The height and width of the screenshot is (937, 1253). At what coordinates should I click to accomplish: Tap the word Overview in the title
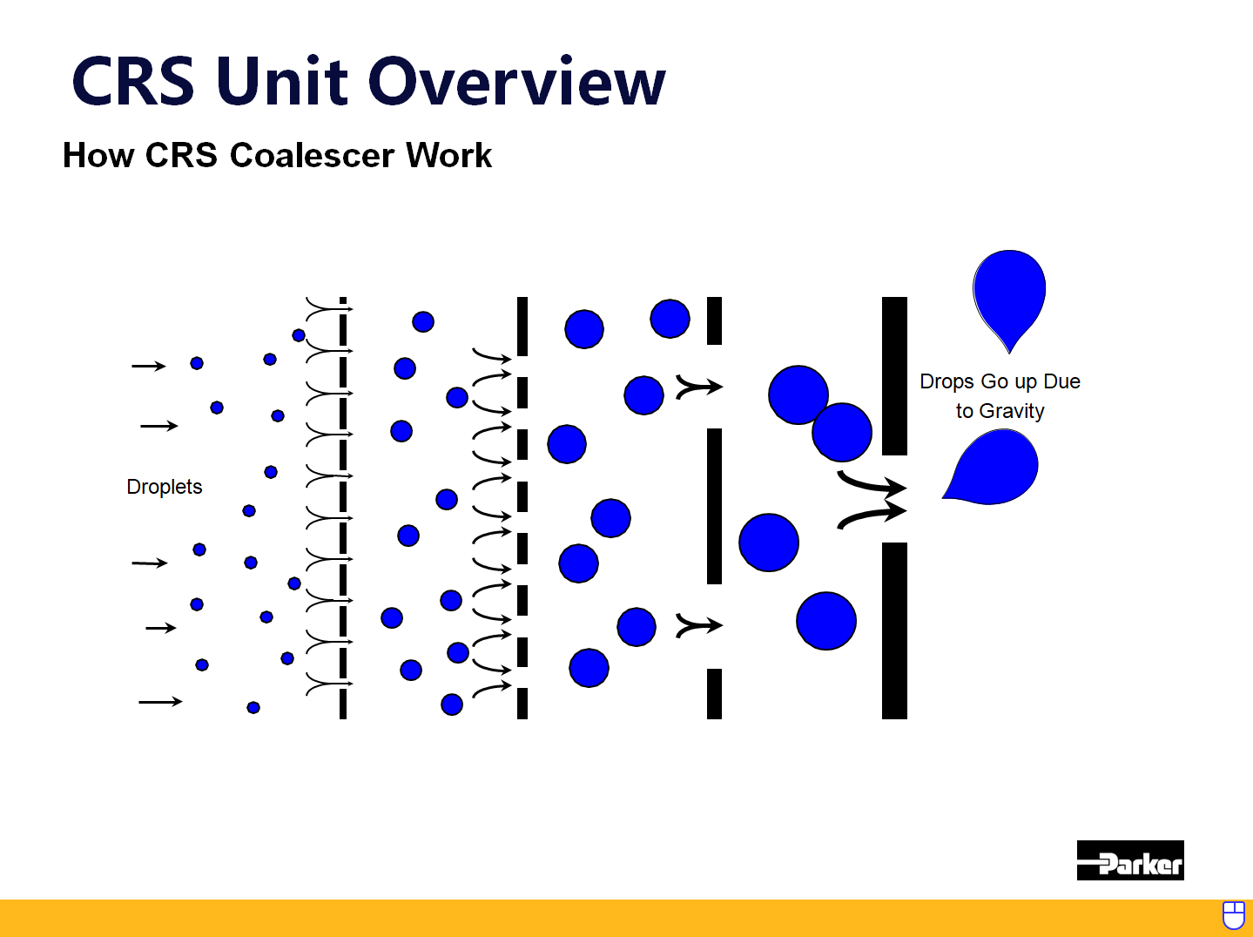pyautogui.click(x=517, y=82)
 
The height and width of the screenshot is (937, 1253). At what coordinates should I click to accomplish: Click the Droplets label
pyautogui.click(x=164, y=487)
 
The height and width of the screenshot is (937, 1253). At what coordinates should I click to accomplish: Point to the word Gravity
pyautogui.click(x=1011, y=411)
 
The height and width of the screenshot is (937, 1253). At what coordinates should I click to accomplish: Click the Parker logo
pyautogui.click(x=1129, y=860)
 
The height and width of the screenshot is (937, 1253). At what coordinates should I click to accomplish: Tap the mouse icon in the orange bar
pyautogui.click(x=1233, y=915)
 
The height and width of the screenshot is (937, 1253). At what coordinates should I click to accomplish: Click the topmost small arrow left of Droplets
pyautogui.click(x=148, y=366)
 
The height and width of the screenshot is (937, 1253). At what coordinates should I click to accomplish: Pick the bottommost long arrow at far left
pyautogui.click(x=160, y=701)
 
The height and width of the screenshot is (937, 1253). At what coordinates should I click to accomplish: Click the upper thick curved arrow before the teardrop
pyautogui.click(x=871, y=482)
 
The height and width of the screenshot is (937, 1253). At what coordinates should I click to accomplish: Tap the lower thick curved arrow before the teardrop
pyautogui.click(x=871, y=516)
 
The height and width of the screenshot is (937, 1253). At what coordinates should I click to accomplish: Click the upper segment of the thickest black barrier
pyautogui.click(x=894, y=375)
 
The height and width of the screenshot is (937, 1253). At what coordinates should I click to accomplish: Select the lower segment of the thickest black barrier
pyautogui.click(x=894, y=630)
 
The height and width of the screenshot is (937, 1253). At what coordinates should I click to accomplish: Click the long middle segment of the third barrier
pyautogui.click(x=714, y=506)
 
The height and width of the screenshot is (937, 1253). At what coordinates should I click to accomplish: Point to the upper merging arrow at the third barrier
pyautogui.click(x=698, y=386)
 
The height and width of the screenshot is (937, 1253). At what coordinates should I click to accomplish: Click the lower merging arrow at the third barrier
pyautogui.click(x=698, y=625)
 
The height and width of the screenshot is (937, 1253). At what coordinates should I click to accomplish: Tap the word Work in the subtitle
pyautogui.click(x=448, y=156)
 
